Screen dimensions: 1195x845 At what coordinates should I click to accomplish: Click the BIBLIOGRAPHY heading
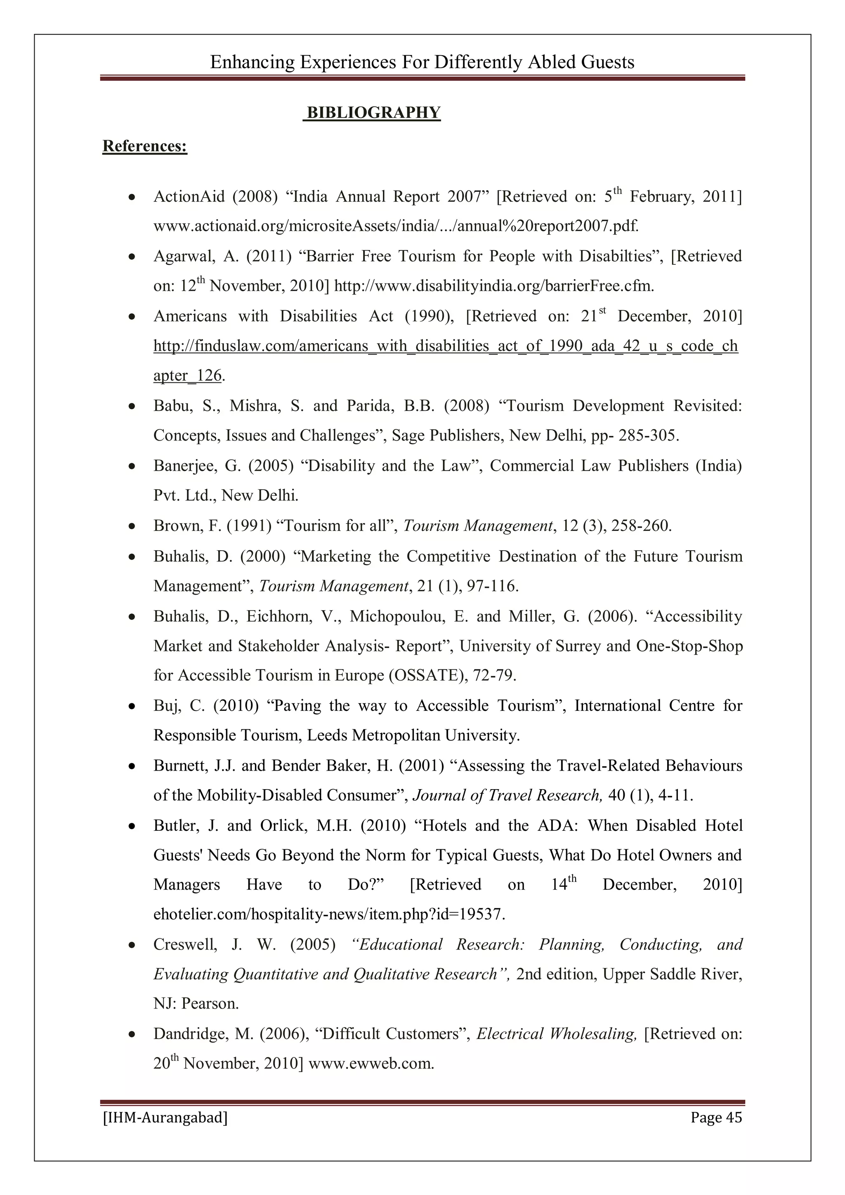click(x=373, y=113)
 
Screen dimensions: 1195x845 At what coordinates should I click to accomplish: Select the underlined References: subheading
click(x=145, y=146)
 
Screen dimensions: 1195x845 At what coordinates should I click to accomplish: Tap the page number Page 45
click(x=716, y=1117)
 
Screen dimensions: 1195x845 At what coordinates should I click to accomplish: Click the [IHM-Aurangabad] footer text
click(x=165, y=1117)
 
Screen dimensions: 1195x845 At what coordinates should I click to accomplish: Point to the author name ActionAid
click(x=189, y=197)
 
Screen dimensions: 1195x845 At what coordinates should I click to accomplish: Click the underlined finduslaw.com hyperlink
click(x=445, y=346)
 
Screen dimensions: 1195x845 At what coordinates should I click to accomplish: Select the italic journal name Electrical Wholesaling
click(x=556, y=1033)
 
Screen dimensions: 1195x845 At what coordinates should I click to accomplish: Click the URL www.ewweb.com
click(x=371, y=1063)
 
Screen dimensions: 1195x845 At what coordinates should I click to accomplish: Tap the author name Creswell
click(x=185, y=944)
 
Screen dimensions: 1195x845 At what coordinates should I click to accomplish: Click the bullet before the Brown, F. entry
click(x=133, y=527)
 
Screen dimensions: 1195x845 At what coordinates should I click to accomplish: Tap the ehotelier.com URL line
click(x=329, y=915)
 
